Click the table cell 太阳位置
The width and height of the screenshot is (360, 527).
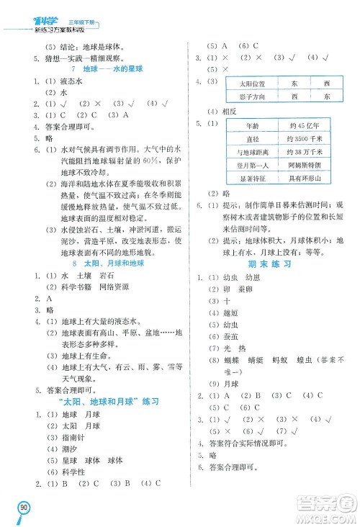(x=251, y=83)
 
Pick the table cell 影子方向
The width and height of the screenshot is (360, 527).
(x=251, y=96)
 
